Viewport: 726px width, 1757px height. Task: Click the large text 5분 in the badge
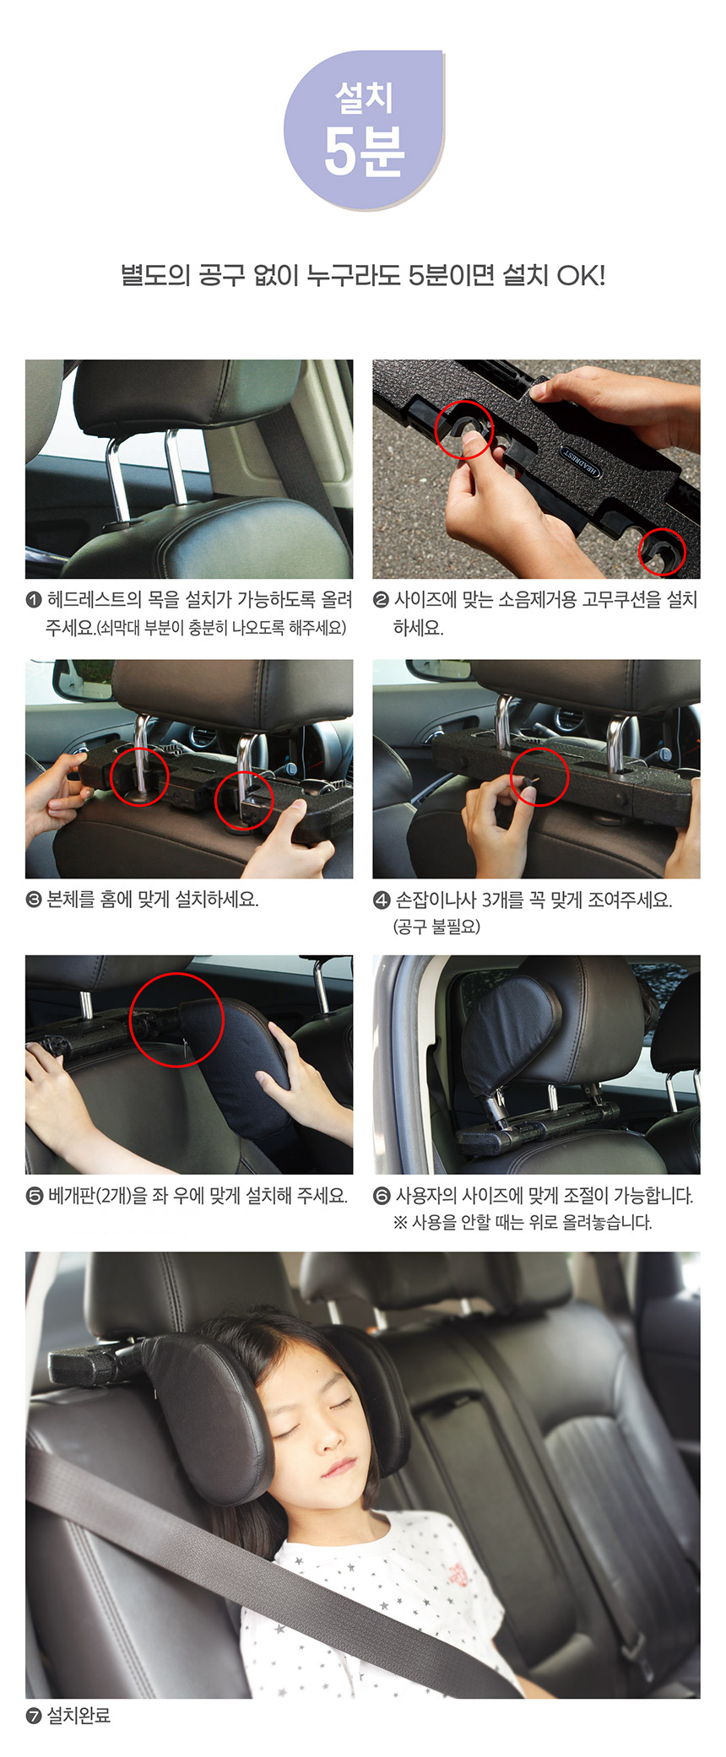pos(364,152)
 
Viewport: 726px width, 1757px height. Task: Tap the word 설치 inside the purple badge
pos(364,97)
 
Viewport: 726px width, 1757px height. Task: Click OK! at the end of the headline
pos(581,276)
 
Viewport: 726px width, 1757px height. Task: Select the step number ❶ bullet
pos(34,600)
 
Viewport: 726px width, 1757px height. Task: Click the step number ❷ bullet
pos(381,600)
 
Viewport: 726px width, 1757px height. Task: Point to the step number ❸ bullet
pos(34,900)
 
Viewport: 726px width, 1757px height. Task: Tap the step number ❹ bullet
pos(382,900)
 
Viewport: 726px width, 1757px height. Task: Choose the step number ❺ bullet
pos(35,1196)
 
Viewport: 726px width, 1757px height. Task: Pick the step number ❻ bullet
pos(382,1196)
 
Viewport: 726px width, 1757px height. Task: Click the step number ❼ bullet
pos(34,1716)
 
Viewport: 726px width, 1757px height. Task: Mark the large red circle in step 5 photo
pos(130,1019)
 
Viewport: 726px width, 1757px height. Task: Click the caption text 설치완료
pos(79,1716)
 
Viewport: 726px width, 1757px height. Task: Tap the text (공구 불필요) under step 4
pos(436,927)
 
